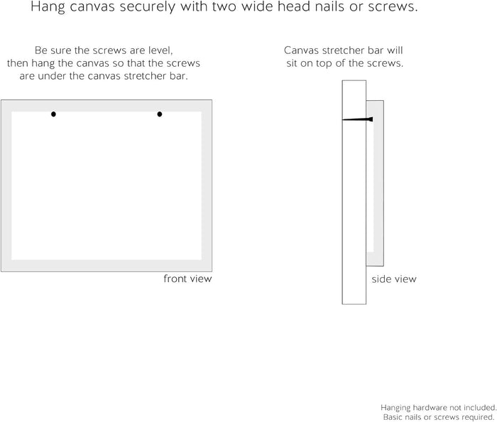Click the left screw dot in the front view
[53, 114]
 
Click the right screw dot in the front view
[160, 114]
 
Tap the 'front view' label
[187, 278]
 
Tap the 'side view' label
[394, 279]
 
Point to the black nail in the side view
[358, 119]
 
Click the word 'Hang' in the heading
[48, 6]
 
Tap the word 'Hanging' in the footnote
[395, 408]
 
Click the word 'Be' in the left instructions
[40, 50]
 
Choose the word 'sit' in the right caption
[292, 63]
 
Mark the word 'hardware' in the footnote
[427, 408]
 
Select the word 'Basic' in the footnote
[393, 417]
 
